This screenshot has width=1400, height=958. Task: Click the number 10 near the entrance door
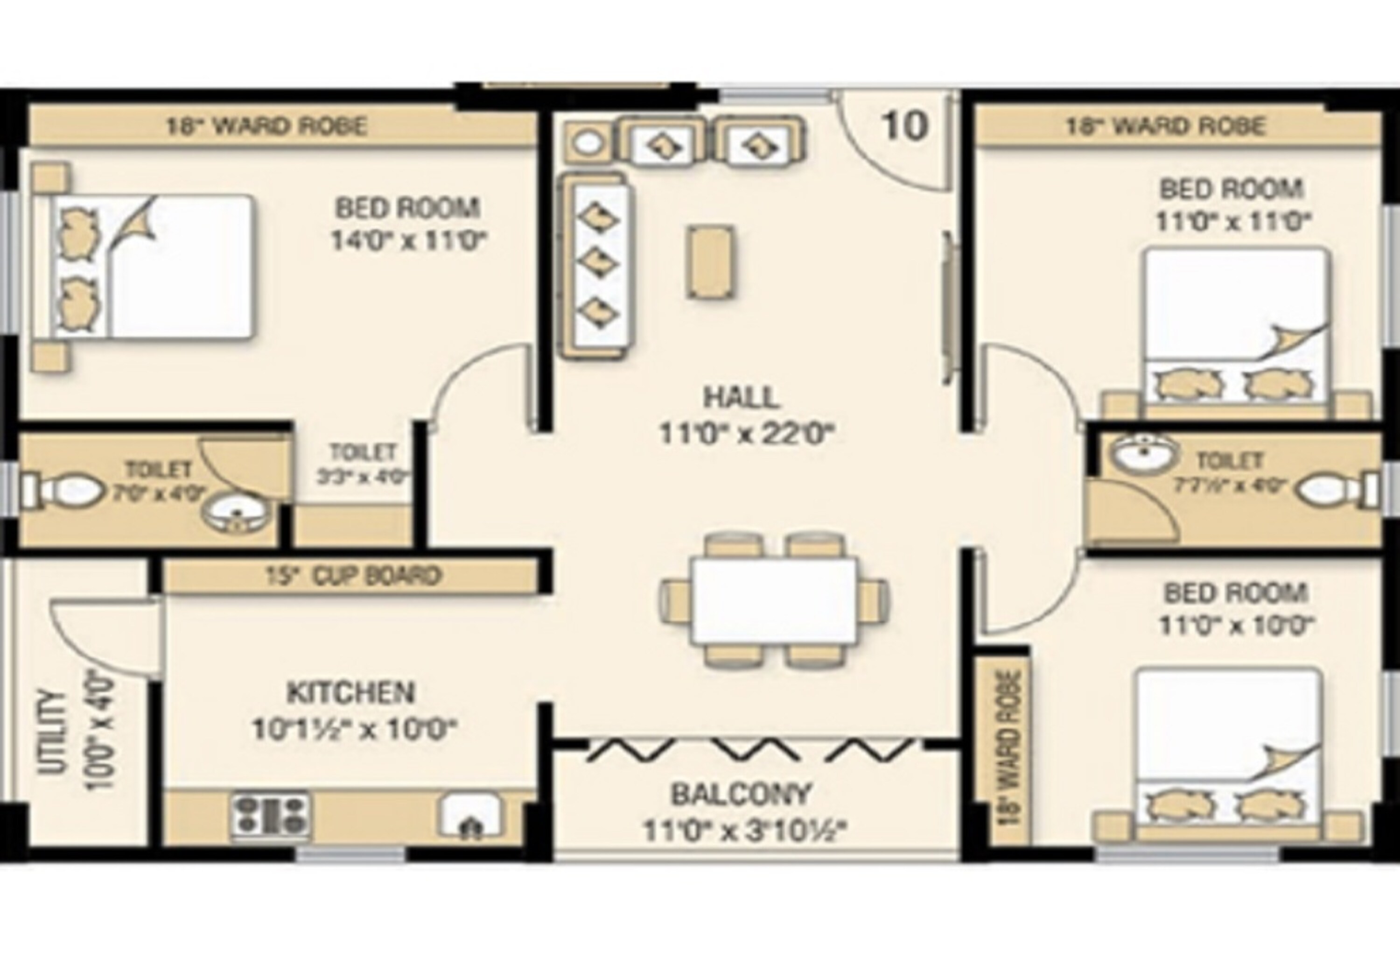coord(904,126)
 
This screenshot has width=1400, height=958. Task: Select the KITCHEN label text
coord(351,693)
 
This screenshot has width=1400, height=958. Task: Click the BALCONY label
coord(742,794)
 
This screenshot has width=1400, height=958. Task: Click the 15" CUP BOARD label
coord(353,576)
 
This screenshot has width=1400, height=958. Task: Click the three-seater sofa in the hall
coord(598,265)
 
